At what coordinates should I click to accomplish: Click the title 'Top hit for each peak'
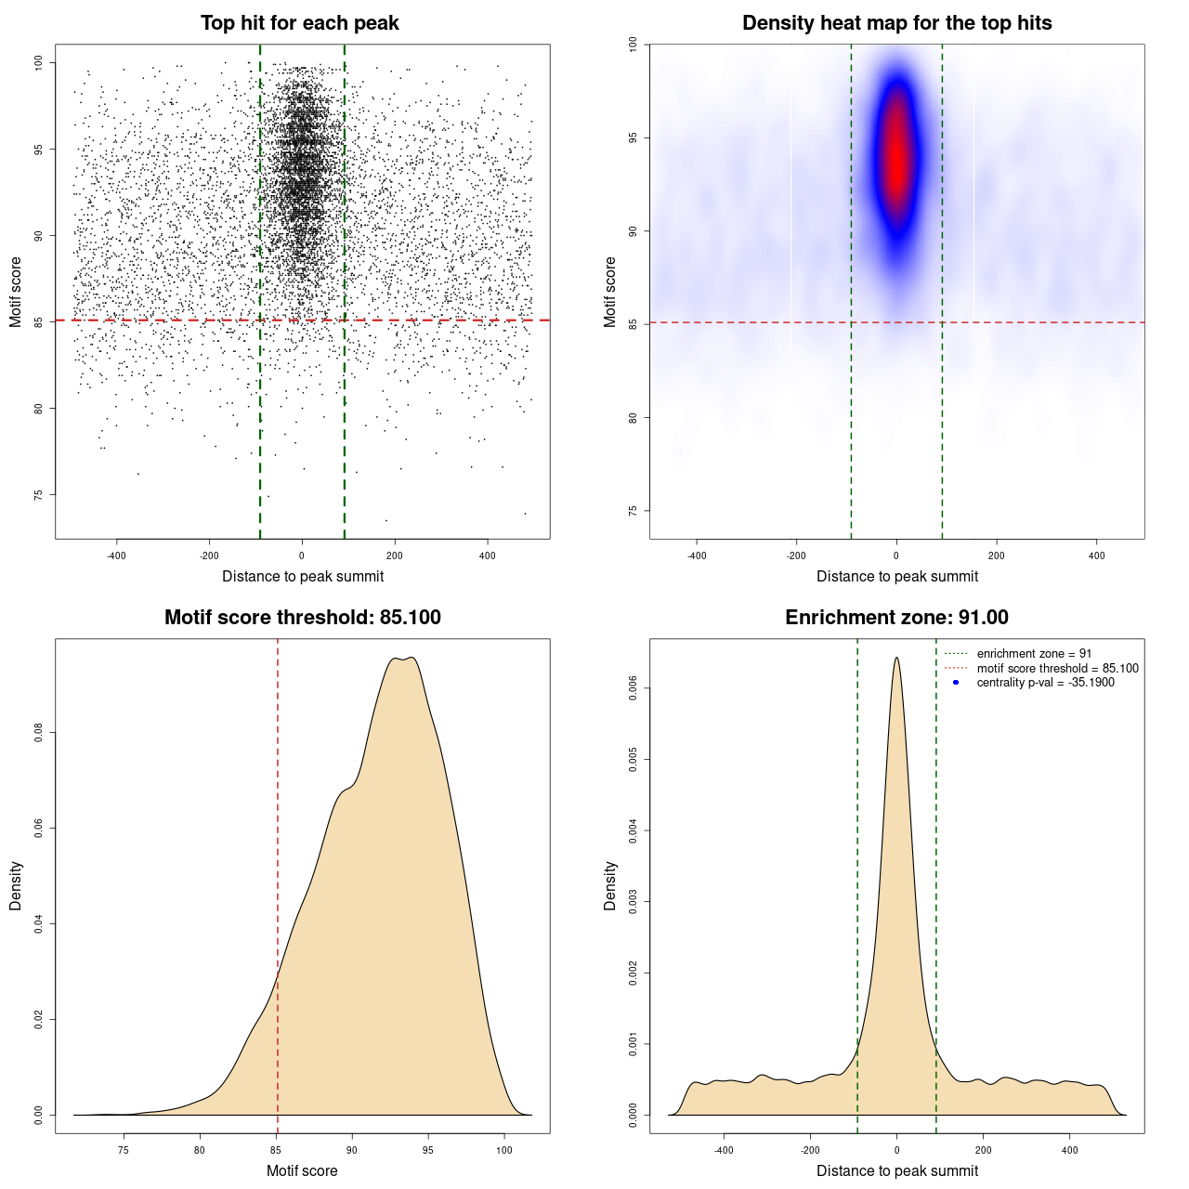point(299,23)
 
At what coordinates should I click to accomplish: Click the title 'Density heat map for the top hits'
point(896,23)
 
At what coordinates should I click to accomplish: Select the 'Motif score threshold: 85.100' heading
point(302,618)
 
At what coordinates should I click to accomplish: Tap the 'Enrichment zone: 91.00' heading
point(896,618)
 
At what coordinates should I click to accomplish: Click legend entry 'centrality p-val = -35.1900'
point(1045,683)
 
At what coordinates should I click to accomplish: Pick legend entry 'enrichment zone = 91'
point(1034,654)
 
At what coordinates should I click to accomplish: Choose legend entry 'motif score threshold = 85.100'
point(1057,669)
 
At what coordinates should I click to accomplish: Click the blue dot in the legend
point(956,683)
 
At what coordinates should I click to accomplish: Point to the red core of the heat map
point(896,158)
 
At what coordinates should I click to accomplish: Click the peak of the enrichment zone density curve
point(896,659)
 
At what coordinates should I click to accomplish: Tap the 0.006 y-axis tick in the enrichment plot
point(634,688)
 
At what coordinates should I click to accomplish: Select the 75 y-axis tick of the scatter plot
point(39,495)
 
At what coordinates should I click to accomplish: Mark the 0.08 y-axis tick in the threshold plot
point(39,733)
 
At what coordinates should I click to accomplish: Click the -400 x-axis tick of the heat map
point(696,555)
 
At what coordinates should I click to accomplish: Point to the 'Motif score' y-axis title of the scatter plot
point(16,293)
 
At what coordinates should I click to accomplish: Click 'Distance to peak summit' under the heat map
point(896,577)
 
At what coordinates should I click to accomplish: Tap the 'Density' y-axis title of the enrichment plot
point(610,886)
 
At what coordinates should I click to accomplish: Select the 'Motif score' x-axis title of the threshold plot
point(302,1171)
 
